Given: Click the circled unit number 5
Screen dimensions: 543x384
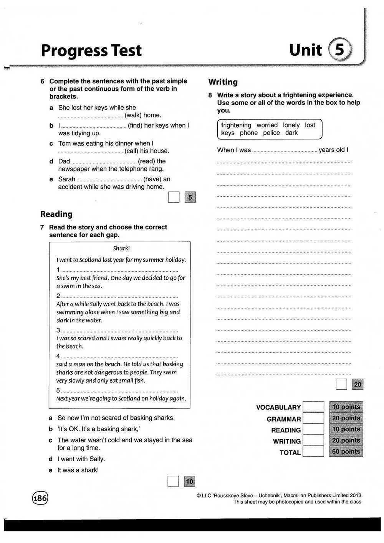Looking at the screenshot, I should click(x=340, y=50).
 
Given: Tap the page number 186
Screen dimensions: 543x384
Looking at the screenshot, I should click(x=40, y=498).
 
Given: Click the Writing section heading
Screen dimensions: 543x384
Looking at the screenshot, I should click(x=223, y=82).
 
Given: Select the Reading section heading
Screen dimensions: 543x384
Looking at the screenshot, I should click(x=56, y=214).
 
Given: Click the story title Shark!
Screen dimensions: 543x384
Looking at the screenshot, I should click(x=121, y=248).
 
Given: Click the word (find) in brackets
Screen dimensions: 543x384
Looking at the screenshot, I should click(x=136, y=125).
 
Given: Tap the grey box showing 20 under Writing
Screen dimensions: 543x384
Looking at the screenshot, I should click(x=358, y=384).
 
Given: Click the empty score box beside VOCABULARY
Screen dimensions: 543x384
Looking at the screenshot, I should click(x=313, y=407).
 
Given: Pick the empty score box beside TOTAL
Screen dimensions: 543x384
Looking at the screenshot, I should click(x=313, y=452).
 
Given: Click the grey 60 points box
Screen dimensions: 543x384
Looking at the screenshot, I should click(x=346, y=452).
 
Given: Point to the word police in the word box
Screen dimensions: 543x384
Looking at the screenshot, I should click(x=271, y=133).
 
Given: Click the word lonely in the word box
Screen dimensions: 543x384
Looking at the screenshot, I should click(x=291, y=125).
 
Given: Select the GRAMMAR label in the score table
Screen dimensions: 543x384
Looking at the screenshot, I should click(x=284, y=419).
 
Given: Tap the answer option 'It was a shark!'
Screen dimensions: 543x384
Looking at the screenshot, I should click(x=78, y=470).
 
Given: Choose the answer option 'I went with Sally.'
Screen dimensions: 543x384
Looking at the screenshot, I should click(x=81, y=459).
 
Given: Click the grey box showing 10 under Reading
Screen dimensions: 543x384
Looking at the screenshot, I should click(x=190, y=481).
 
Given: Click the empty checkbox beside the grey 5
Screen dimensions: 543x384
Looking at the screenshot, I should click(x=174, y=198).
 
